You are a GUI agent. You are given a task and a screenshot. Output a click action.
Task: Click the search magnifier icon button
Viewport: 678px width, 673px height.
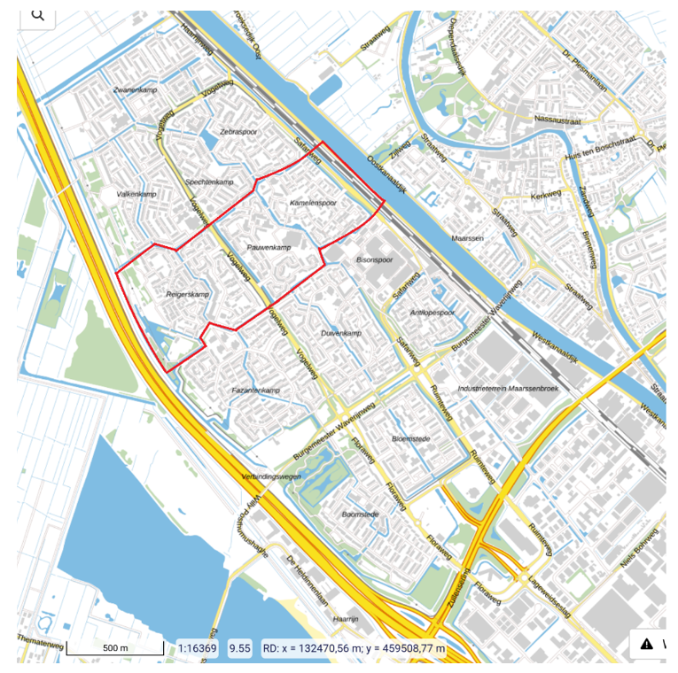(37, 15)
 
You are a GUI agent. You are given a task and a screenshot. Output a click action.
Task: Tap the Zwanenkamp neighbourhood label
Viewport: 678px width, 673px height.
(135, 91)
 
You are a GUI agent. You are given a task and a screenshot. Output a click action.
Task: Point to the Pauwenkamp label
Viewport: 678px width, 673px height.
(269, 247)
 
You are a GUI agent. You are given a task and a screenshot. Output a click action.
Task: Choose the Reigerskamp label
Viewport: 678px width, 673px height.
(187, 293)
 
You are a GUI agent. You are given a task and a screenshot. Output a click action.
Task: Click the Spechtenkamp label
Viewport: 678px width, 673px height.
(209, 182)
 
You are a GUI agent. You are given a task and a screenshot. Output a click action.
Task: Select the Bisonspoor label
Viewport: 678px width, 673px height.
(374, 261)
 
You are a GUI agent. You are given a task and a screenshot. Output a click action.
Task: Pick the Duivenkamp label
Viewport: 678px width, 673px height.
(341, 333)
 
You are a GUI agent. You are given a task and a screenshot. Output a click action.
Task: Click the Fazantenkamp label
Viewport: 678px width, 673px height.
(255, 391)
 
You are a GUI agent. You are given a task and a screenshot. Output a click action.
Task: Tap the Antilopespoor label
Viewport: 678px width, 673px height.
(433, 313)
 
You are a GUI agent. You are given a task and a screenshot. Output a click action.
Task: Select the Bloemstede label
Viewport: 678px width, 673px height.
(411, 438)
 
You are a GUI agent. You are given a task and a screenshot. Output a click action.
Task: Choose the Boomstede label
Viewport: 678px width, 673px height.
(360, 514)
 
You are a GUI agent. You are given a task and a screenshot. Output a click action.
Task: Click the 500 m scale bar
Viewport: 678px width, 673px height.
(115, 649)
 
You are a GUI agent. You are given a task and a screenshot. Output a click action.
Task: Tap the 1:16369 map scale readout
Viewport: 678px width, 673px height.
(198, 649)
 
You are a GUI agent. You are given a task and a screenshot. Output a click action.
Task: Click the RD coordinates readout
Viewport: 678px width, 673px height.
(355, 649)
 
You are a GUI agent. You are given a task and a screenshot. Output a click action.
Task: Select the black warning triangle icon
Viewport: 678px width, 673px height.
(647, 644)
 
